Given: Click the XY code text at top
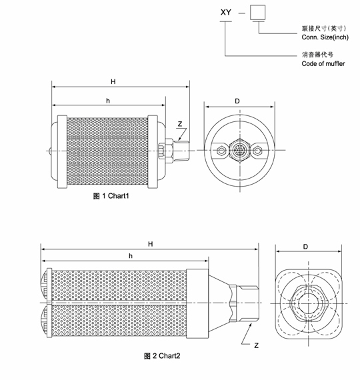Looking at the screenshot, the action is point(226,13).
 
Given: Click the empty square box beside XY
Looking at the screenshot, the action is point(258,13).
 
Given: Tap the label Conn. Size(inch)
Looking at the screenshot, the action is point(325,37).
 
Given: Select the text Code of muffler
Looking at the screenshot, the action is point(323,64).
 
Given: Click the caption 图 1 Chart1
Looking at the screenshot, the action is point(111,196).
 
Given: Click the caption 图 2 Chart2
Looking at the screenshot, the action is point(162,356).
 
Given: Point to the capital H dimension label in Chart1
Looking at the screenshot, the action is point(113,82).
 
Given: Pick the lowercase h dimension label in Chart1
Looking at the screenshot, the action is point(108,101).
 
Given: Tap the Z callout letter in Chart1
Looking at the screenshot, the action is point(179,124).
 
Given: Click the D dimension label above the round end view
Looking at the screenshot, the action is point(237,101).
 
